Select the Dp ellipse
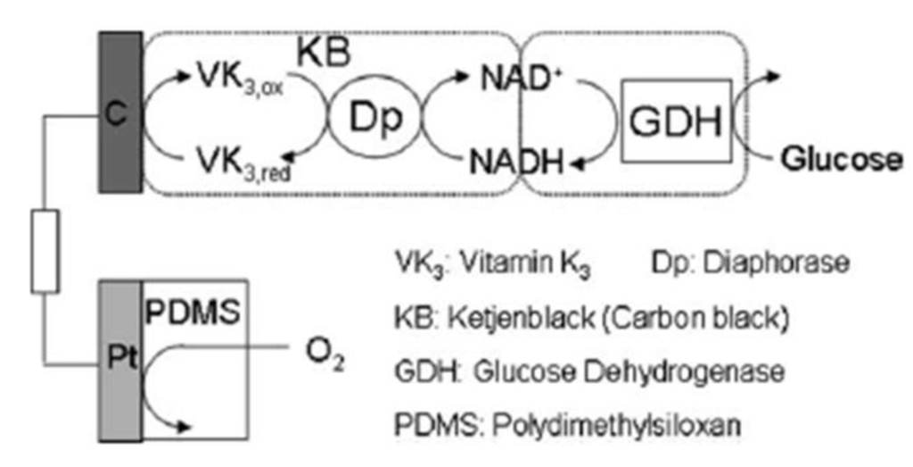pyautogui.click(x=371, y=116)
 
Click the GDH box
pyautogui.click(x=676, y=121)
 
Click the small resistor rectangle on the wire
pyautogui.click(x=44, y=251)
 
